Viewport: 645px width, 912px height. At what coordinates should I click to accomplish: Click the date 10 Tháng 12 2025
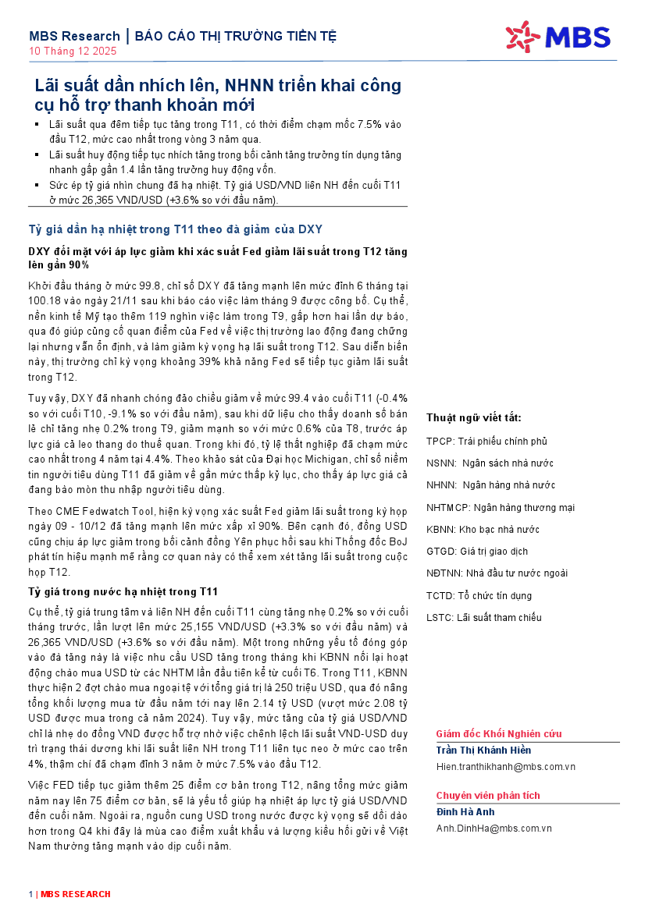tap(73, 51)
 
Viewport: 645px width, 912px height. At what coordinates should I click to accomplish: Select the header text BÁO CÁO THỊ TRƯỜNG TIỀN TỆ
tap(236, 36)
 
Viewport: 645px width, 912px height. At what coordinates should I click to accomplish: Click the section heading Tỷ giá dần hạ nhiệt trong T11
tap(176, 229)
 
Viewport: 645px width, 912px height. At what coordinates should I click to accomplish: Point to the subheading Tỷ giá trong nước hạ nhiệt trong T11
tap(123, 591)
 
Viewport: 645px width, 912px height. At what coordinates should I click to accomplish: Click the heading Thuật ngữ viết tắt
tap(474, 418)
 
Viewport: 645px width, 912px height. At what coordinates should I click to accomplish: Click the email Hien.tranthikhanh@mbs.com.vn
tap(505, 767)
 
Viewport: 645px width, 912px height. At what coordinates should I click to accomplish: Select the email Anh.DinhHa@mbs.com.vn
tap(494, 828)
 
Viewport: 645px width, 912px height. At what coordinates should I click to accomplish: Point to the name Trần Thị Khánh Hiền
tap(483, 751)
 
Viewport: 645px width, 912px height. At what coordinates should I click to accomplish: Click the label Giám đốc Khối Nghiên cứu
tap(498, 734)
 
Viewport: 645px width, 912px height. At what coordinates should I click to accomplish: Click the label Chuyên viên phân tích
tap(488, 795)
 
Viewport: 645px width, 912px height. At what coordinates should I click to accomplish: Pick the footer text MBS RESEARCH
tap(76, 894)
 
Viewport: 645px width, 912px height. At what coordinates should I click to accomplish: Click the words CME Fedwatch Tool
tap(98, 510)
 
